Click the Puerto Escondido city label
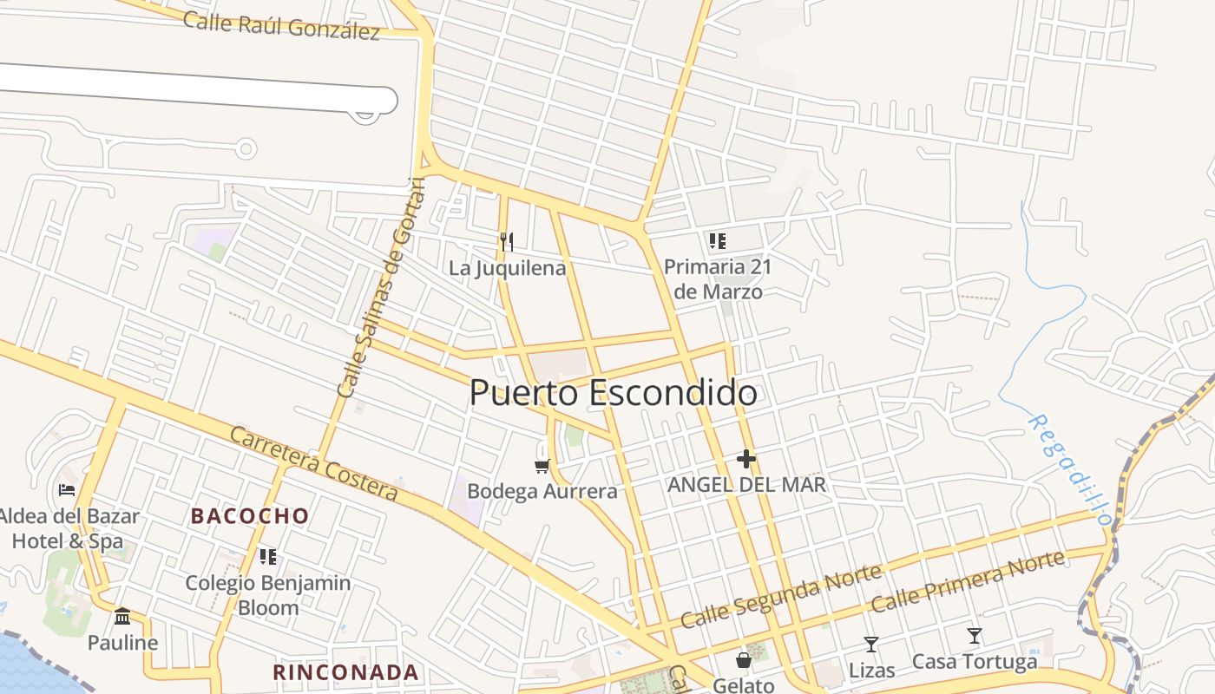(x=613, y=393)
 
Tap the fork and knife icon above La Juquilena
(x=507, y=241)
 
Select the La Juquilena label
(x=507, y=268)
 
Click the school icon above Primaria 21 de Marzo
(x=717, y=241)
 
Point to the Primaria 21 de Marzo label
(x=718, y=278)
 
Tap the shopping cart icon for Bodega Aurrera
(x=542, y=467)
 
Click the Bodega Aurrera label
(x=542, y=491)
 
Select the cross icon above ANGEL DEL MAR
(x=746, y=459)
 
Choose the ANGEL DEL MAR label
(x=746, y=484)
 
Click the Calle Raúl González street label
(x=281, y=25)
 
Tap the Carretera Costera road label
(x=314, y=463)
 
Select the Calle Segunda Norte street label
(x=781, y=596)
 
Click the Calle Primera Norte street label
(x=968, y=580)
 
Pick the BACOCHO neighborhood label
(x=250, y=516)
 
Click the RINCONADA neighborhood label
(x=345, y=672)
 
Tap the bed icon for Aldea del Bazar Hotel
(x=67, y=490)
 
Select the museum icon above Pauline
(x=122, y=616)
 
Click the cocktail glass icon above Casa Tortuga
(x=975, y=636)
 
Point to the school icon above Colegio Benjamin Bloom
(x=268, y=556)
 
